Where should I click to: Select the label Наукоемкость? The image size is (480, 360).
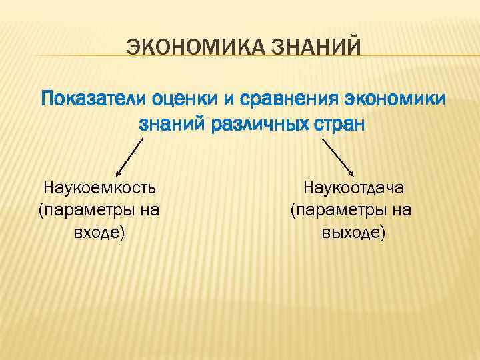pos(99,187)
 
